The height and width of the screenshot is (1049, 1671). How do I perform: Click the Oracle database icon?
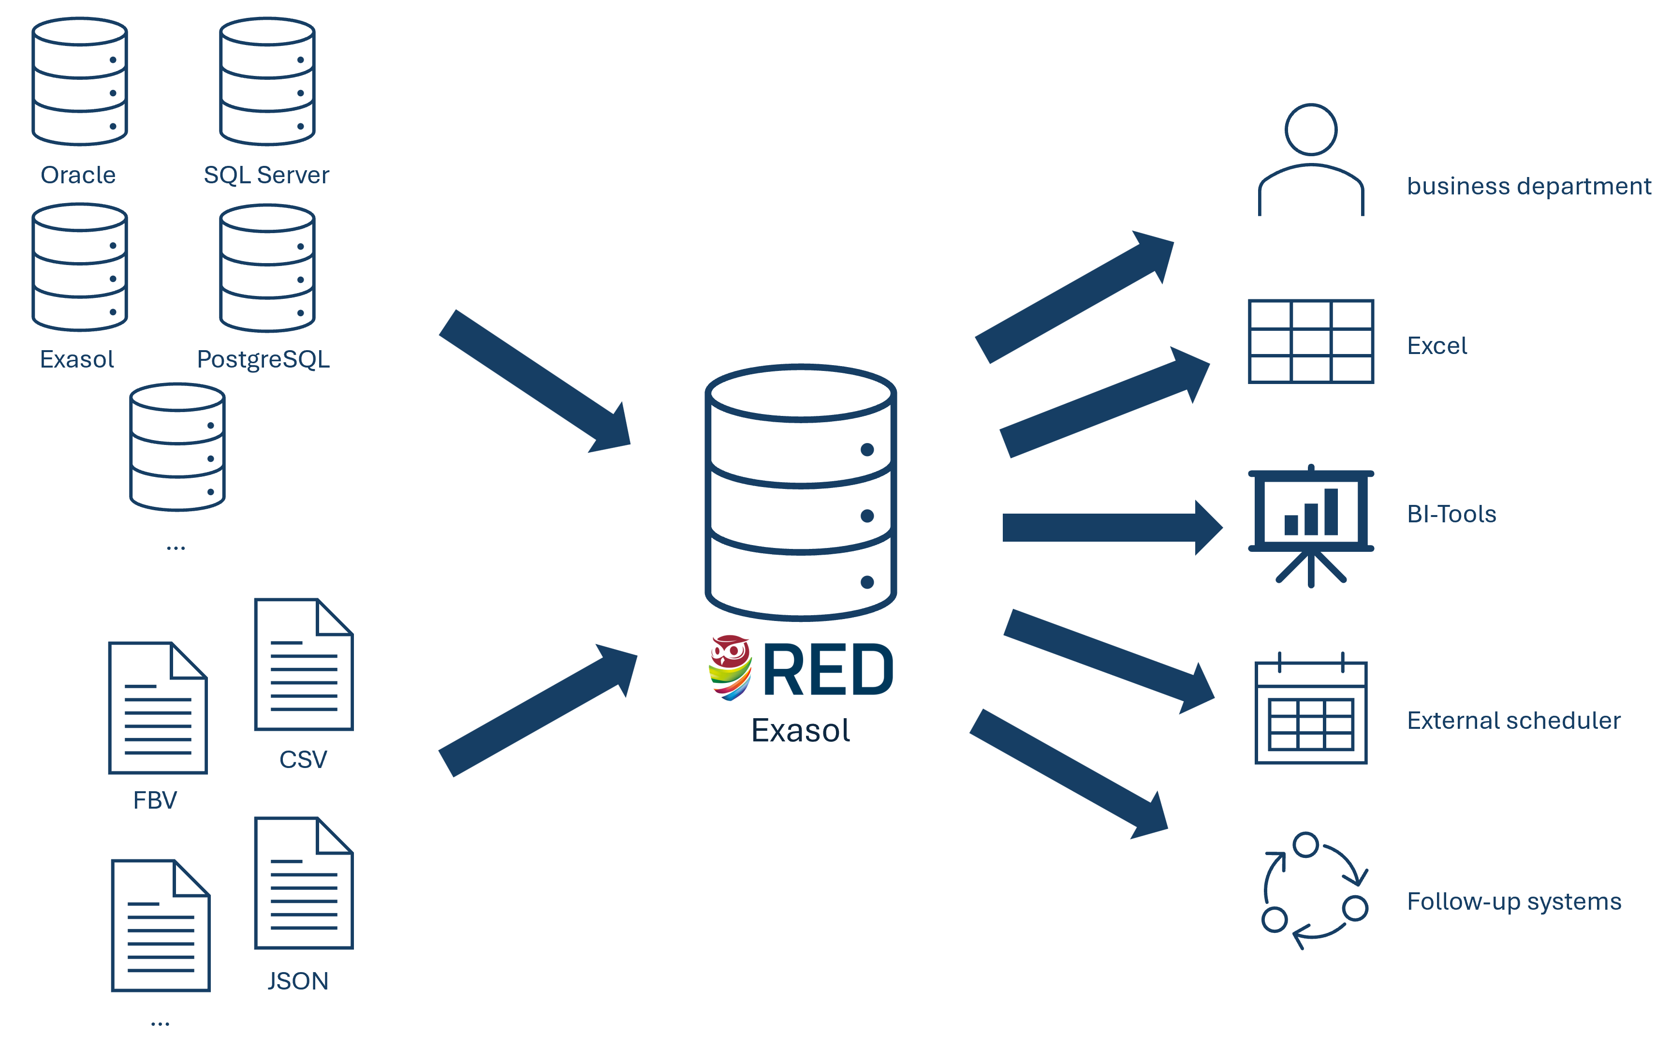coord(80,82)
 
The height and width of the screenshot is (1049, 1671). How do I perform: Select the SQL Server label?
coord(266,175)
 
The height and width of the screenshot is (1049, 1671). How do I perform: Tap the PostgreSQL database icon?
coord(267,268)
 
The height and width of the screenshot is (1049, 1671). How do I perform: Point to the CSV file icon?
coord(304,664)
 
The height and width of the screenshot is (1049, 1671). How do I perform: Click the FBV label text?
coord(155,800)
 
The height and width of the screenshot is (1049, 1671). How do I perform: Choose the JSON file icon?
coord(304,883)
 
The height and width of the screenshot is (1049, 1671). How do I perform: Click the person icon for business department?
coord(1311,160)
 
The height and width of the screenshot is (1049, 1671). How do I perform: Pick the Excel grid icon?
coord(1311,341)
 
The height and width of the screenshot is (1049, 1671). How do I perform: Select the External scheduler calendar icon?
coord(1311,710)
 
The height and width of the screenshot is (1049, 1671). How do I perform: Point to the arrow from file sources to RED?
coord(538,711)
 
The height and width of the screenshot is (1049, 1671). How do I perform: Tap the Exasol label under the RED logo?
coord(801,731)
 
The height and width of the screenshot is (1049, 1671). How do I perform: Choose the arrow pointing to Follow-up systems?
coord(1068,773)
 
